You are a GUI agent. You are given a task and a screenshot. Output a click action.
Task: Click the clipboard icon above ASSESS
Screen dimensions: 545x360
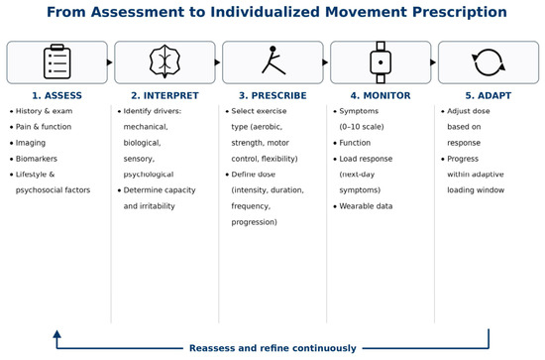point(57,61)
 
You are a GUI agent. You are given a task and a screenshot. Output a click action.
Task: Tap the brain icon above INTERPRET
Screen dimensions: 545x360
point(164,61)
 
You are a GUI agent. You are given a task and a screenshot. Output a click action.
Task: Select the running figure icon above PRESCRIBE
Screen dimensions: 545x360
point(273,60)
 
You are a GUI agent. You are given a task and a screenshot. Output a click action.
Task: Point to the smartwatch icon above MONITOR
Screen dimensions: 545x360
point(381,62)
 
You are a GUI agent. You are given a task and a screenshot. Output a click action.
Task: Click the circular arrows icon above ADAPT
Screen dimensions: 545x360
point(489,62)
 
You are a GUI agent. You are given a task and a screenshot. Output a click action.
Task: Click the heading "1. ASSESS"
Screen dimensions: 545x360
point(57,95)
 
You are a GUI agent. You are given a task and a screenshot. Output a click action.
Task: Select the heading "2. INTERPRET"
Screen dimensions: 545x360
point(164,95)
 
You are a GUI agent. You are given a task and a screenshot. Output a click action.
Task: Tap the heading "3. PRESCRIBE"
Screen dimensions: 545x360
point(272,95)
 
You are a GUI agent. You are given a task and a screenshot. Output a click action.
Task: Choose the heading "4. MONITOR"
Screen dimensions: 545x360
point(381,95)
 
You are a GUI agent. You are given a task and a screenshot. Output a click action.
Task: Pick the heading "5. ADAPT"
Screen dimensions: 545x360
point(489,95)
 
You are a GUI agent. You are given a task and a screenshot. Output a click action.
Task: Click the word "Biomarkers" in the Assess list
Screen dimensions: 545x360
point(37,159)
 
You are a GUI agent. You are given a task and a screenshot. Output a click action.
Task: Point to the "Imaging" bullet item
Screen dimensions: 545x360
point(31,143)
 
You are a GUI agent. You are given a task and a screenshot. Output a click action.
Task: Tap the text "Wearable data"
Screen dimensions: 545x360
point(366,206)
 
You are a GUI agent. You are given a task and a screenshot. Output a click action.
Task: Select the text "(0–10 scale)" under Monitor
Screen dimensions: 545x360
point(362,127)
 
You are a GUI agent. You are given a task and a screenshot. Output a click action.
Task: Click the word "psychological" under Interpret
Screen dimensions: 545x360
point(149,175)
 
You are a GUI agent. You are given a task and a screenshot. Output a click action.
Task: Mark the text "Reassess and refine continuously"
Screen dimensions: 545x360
point(272,348)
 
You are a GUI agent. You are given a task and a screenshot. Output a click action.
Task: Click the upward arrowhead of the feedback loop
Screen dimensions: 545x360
point(57,334)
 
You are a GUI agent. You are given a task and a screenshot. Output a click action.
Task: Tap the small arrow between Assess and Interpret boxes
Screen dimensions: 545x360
point(110,62)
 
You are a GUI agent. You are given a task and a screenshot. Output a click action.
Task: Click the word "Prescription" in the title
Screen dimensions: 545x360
point(460,12)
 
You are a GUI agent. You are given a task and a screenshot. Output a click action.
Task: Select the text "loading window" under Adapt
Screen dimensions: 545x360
point(476,190)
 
